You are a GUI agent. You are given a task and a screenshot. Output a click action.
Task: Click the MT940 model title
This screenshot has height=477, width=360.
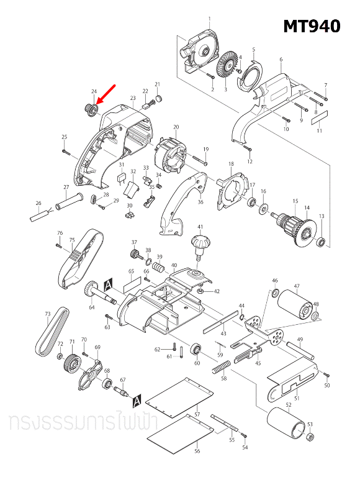point(312,26)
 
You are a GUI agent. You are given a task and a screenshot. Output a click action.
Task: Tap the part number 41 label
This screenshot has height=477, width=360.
point(200,227)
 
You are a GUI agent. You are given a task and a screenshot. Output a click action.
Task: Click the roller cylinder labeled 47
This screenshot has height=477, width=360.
point(295,306)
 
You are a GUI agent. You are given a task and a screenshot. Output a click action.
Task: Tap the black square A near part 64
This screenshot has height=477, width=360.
point(109,284)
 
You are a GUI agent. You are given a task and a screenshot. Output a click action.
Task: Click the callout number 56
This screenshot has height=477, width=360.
point(197,452)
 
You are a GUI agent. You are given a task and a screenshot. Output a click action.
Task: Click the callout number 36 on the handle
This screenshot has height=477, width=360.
point(200,202)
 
